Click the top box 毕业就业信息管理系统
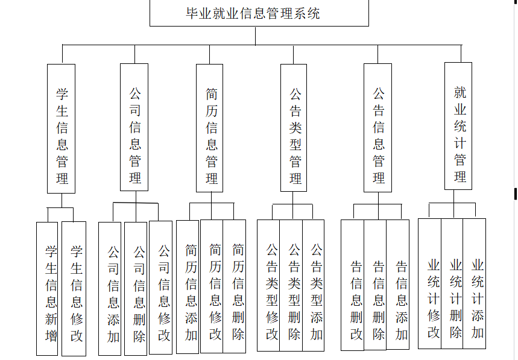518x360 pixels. pyautogui.click(x=259, y=13)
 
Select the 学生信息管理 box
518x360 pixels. pyautogui.click(x=62, y=128)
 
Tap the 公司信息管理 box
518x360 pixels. pyautogui.click(x=134, y=127)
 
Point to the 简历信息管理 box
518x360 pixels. pyautogui.click(x=211, y=128)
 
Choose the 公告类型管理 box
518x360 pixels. pyautogui.click(x=294, y=128)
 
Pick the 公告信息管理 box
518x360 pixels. pyautogui.click(x=378, y=128)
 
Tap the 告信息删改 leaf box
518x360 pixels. pyautogui.click(x=353, y=285)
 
